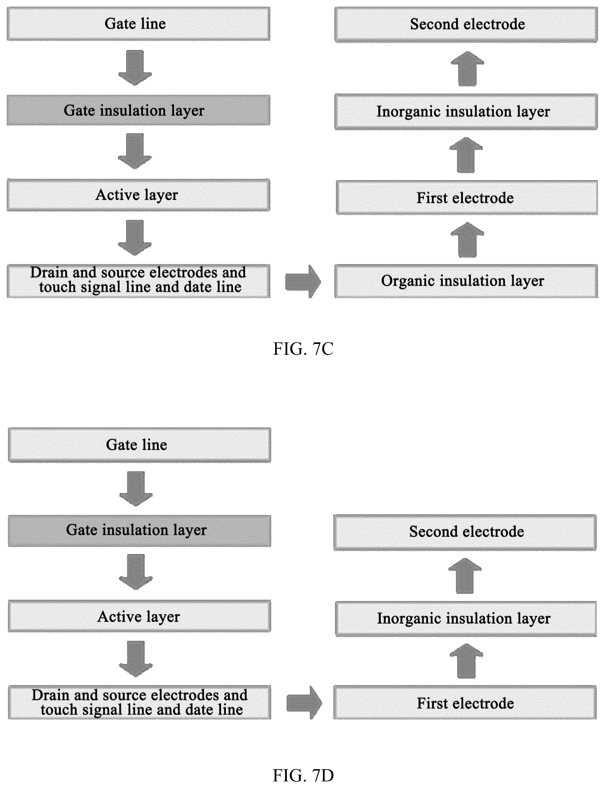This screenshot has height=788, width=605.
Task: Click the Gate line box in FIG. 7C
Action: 138,24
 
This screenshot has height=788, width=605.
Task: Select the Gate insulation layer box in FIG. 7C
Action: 138,110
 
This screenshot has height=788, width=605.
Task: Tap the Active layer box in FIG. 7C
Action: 138,195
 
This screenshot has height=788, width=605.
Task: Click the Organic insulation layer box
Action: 466,281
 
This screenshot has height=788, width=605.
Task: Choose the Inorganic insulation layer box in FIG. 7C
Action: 466,112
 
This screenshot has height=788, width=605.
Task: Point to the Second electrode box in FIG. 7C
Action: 466,24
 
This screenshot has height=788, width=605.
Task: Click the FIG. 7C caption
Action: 303,349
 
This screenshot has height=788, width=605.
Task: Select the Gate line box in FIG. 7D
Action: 139,445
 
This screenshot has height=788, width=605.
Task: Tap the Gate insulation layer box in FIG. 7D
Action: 139,531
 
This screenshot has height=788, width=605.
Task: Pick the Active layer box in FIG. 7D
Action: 139,616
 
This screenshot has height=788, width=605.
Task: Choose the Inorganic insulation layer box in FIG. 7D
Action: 466,619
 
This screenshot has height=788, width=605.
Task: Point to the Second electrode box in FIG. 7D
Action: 465,532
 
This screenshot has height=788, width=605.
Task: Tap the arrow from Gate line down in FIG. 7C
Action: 135,68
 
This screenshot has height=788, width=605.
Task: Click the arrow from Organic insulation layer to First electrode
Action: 467,240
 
